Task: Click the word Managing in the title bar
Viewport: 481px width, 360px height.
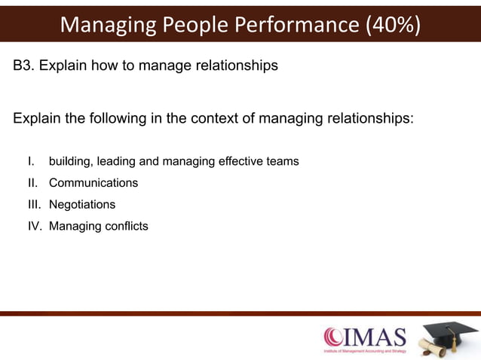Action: point(105,25)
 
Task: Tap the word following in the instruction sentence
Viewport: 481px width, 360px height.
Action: point(106,118)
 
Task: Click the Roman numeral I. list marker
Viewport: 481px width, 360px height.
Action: point(31,161)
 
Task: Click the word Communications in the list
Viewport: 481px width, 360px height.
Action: point(93,183)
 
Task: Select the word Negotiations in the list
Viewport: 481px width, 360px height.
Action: point(82,204)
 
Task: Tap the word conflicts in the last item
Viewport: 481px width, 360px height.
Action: point(124,226)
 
